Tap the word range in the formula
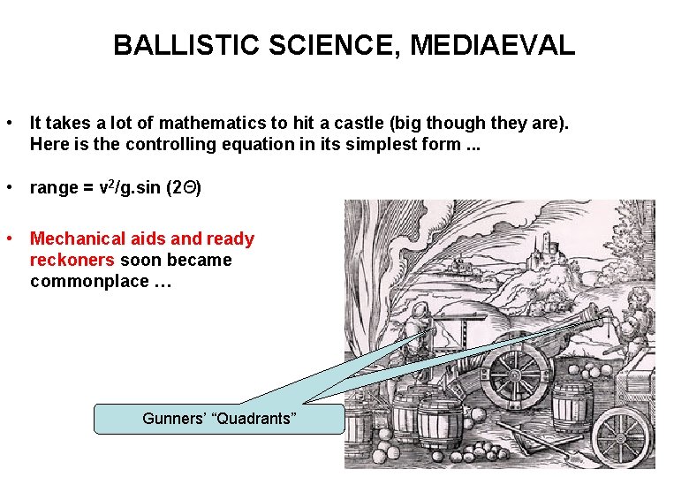[x=54, y=187]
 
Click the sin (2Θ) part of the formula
[x=172, y=187]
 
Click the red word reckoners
[x=72, y=260]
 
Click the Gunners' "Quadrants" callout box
[x=218, y=418]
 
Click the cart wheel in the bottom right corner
[x=624, y=438]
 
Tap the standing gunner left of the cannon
[x=421, y=336]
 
